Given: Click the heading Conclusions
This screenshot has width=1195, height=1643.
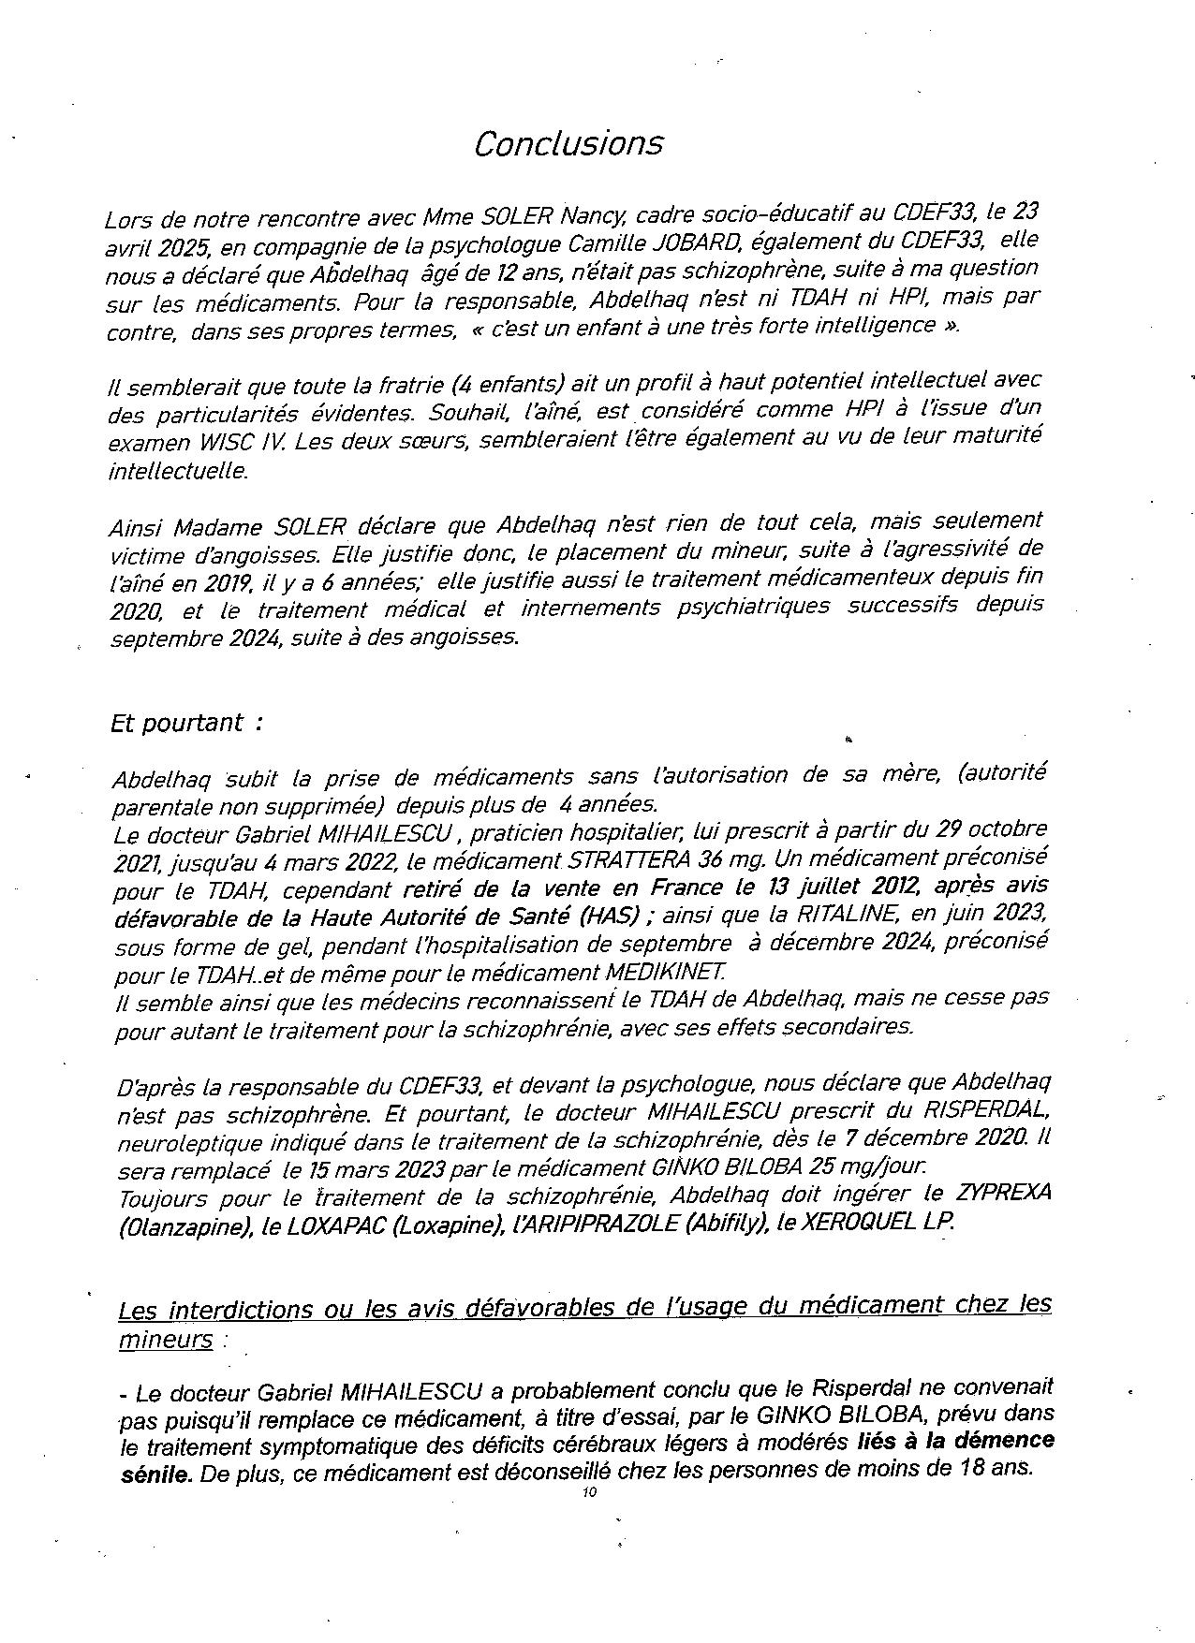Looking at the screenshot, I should coord(568,144).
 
